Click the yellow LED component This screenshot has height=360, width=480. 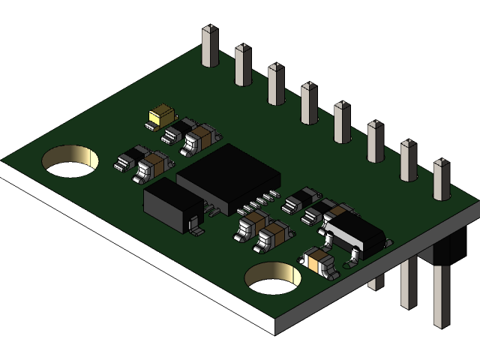[x=162, y=115]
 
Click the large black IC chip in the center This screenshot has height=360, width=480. [x=228, y=175]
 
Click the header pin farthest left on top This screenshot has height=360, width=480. [x=209, y=46]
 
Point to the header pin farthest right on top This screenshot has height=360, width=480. [x=441, y=179]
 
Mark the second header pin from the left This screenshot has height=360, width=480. [x=243, y=64]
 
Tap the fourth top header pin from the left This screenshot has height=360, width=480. [x=309, y=103]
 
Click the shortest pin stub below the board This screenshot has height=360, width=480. [x=376, y=282]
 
